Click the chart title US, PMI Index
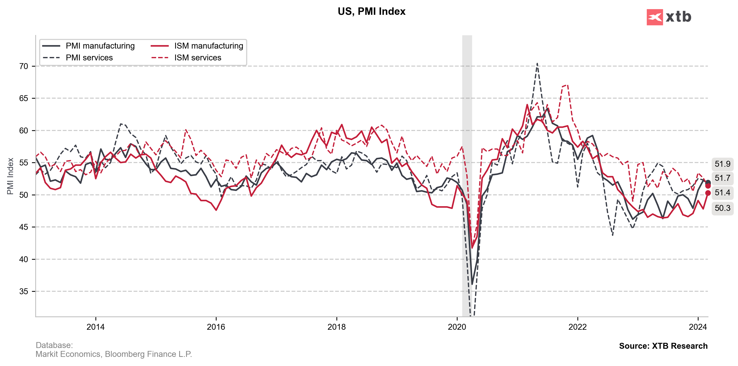click(371, 11)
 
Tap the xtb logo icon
click(654, 17)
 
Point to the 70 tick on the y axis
click(23, 66)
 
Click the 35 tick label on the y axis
click(23, 291)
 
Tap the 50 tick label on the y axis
click(23, 195)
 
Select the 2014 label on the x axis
click(96, 327)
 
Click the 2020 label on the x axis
click(457, 327)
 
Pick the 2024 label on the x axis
click(698, 327)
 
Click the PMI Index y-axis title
click(10, 176)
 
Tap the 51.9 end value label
click(722, 164)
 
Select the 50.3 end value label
click(722, 208)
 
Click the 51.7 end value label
click(722, 178)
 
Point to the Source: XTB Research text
click(663, 346)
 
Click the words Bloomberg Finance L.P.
click(148, 354)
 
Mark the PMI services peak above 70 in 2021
click(537, 64)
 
